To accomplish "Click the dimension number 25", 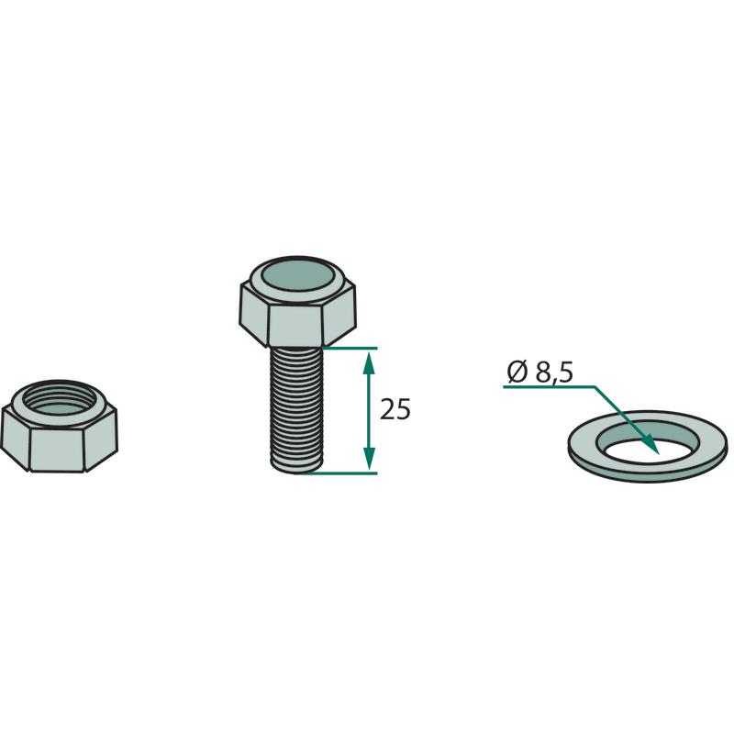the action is point(395,409).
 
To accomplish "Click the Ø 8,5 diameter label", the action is point(539,373).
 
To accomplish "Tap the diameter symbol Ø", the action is point(517,373).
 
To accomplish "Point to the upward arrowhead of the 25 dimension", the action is point(370,363).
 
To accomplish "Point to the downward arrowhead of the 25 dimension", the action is point(370,458).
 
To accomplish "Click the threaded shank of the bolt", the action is point(296,409).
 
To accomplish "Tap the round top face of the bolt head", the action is point(296,276).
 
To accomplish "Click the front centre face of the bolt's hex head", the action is point(295,327).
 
